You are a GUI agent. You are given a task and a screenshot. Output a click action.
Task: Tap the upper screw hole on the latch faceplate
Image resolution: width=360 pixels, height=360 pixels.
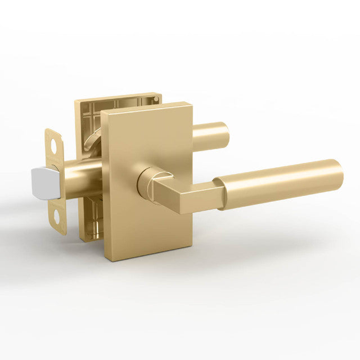click(54, 143)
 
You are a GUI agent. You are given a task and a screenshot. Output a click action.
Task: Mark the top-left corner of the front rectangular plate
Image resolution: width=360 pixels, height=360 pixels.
click(103, 115)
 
